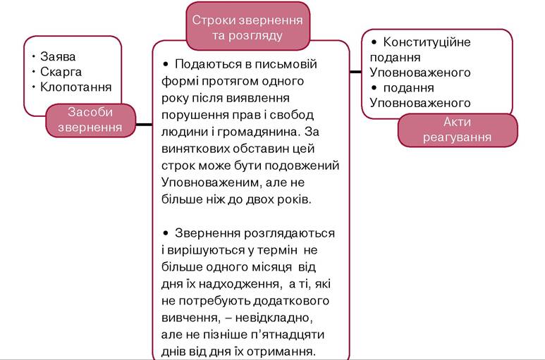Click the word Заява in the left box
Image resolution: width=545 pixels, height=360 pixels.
(58, 56)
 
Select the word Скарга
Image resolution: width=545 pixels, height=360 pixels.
(61, 72)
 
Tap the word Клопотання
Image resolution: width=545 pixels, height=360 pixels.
(75, 87)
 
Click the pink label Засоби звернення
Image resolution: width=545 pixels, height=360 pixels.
(90, 120)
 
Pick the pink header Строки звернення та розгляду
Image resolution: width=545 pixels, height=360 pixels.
(247, 27)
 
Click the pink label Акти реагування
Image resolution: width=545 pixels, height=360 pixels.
(458, 130)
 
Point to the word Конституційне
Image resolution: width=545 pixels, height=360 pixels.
(427, 42)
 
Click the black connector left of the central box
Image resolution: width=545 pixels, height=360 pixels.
(144, 124)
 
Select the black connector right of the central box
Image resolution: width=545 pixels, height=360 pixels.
(355, 72)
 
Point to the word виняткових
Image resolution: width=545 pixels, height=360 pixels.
(195, 149)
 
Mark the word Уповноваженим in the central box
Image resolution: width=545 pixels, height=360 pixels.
(211, 182)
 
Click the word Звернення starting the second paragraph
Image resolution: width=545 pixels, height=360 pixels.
(207, 233)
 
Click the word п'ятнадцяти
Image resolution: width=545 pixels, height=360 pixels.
(287, 335)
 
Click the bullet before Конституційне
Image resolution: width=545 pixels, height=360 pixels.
(374, 42)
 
